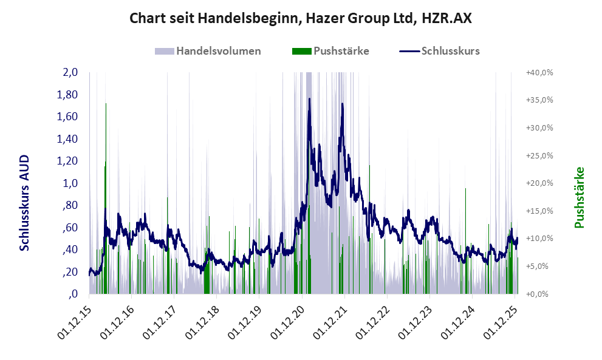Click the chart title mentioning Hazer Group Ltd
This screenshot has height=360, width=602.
point(301,19)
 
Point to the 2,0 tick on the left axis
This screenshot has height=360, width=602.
point(70,72)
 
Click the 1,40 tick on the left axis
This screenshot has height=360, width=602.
point(67,139)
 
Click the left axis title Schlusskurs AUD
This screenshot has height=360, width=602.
point(24,202)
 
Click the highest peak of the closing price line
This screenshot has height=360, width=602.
point(309,99)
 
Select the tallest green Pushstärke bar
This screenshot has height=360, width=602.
point(106,104)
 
